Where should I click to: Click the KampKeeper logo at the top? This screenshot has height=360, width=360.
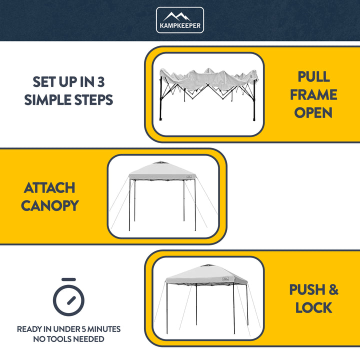(180, 20)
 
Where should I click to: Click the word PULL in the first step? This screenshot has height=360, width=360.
(313, 76)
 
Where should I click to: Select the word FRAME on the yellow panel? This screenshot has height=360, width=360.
(313, 94)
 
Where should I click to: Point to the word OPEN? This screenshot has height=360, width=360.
(313, 112)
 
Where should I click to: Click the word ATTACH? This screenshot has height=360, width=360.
(49, 188)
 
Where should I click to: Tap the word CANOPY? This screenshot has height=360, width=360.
(49, 205)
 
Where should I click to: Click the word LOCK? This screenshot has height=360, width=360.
(313, 307)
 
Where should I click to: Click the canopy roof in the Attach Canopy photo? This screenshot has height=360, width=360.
(162, 172)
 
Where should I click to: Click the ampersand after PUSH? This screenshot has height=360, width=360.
(333, 289)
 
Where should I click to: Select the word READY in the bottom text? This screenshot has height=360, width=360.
(30, 329)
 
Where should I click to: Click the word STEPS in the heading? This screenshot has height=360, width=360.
(94, 99)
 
